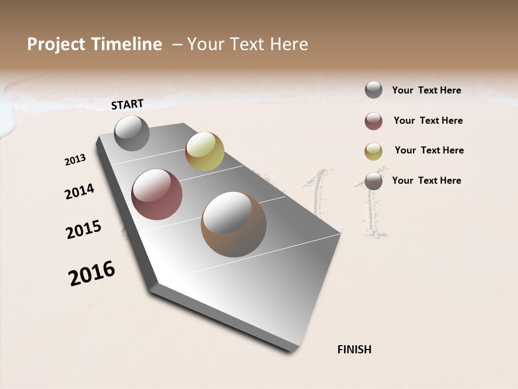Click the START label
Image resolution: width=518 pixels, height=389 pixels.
127,104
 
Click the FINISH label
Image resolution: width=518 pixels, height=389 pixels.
355,350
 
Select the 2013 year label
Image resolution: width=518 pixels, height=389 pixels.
76,160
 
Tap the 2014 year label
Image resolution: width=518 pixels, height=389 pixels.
79,191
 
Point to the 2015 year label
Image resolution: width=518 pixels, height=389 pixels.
84,230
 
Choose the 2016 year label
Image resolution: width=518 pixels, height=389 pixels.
92,273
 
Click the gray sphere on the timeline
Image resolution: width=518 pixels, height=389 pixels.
132,133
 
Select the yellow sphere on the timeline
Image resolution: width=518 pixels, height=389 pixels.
205,151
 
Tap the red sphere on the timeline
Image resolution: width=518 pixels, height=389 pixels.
156,194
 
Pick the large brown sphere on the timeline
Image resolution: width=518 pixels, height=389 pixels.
234,224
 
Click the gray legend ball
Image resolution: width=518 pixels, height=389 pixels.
373,90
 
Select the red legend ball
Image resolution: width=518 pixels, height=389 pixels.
373,121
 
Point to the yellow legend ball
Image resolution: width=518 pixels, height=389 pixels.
373,151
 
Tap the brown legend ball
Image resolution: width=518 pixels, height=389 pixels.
373,181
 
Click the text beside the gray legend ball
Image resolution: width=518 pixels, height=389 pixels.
426,90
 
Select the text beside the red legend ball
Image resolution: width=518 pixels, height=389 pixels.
428,120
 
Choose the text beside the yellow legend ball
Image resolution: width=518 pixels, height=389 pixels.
429,150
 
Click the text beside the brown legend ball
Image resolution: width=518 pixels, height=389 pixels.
426,180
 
